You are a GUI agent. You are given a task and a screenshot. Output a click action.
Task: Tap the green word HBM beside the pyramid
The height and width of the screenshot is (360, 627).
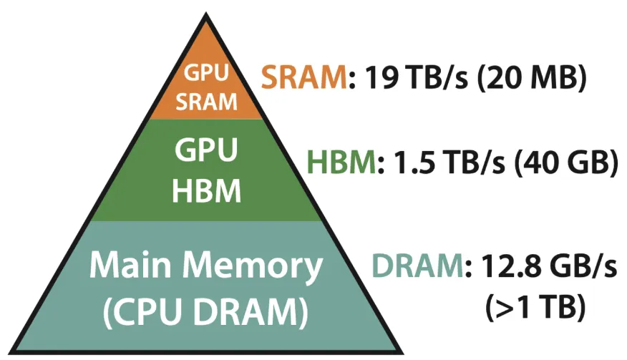pyautogui.click(x=341, y=165)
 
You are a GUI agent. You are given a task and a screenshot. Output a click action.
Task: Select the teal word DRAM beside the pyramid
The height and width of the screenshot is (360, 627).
pyautogui.click(x=415, y=270)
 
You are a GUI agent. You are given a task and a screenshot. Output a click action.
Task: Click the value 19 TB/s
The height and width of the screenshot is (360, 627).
pyautogui.click(x=414, y=77)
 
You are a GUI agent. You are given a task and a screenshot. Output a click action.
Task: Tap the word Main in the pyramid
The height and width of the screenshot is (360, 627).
pyautogui.click(x=128, y=267)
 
